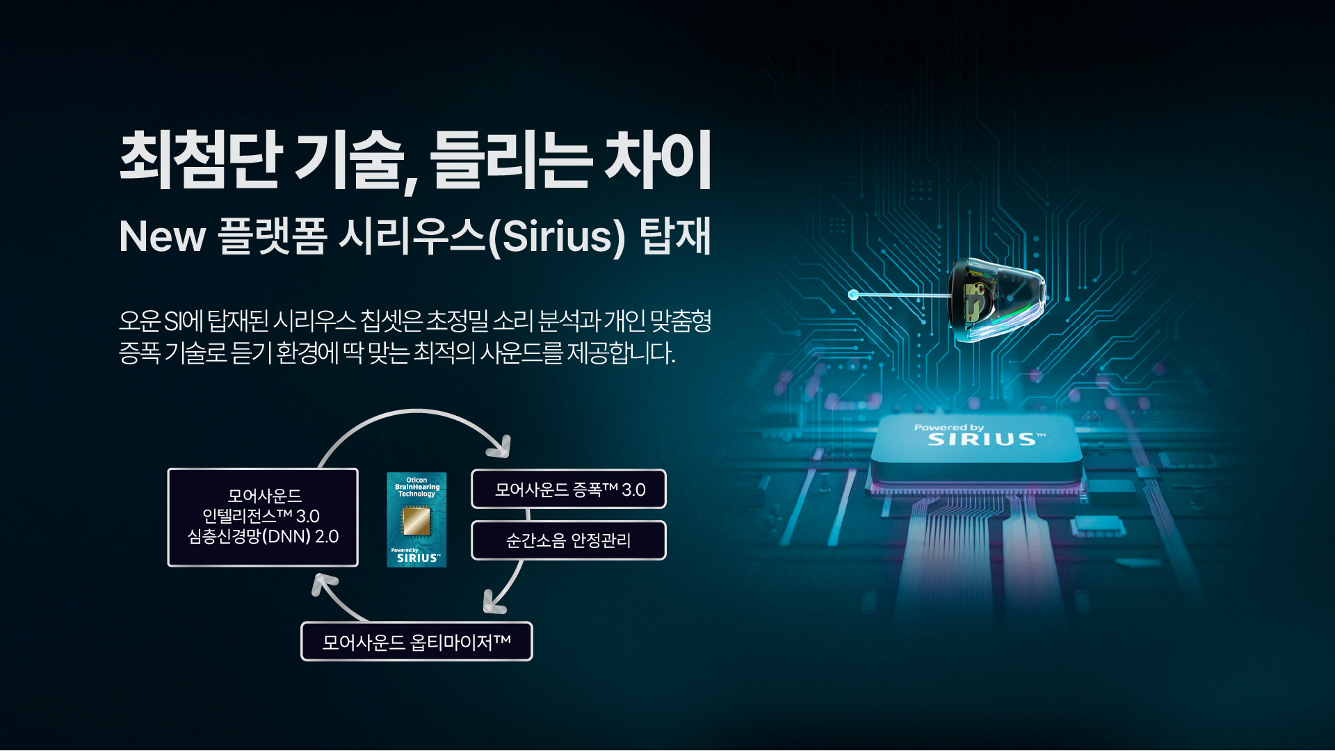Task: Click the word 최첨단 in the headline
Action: point(200,159)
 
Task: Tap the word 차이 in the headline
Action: point(658,159)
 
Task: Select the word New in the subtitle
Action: point(163,236)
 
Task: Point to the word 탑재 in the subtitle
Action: point(675,236)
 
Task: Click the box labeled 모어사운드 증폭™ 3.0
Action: point(569,489)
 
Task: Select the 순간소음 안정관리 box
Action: point(569,540)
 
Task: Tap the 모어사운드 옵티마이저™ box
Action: point(416,641)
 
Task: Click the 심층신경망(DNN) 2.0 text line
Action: point(263,537)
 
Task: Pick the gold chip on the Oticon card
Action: point(416,521)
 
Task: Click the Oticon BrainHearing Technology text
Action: point(417,487)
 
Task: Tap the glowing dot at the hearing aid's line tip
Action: point(853,295)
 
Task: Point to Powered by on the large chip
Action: point(949,427)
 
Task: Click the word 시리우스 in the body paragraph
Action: point(314,321)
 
